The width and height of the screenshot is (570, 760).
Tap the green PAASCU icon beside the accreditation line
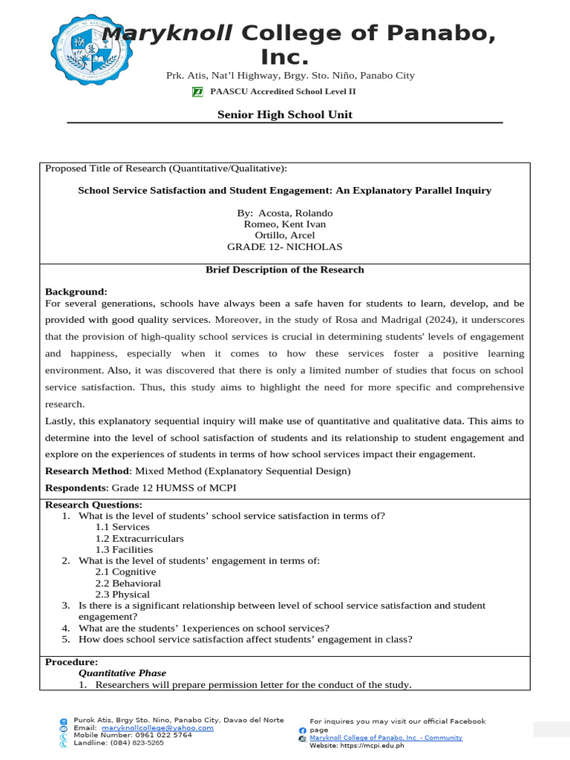pyautogui.click(x=197, y=91)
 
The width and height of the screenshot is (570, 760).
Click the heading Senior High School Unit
pyautogui.click(x=284, y=114)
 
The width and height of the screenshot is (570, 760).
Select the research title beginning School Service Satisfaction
pyautogui.click(x=284, y=191)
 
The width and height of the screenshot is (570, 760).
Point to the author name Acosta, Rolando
pyautogui.click(x=295, y=214)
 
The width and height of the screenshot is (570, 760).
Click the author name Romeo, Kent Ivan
pyautogui.click(x=284, y=225)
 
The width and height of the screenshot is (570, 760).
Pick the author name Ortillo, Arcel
pyautogui.click(x=284, y=236)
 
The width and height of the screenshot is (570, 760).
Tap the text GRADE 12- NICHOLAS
pyautogui.click(x=284, y=247)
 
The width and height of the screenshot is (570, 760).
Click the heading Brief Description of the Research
pyautogui.click(x=284, y=270)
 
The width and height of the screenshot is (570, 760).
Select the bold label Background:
pyautogui.click(x=76, y=292)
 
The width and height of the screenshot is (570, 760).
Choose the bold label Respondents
pyautogui.click(x=76, y=488)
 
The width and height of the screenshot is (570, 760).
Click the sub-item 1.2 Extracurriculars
pyautogui.click(x=140, y=539)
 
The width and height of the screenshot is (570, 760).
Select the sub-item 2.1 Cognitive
pyautogui.click(x=125, y=572)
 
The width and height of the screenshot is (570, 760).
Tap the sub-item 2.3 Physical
pyautogui.click(x=122, y=594)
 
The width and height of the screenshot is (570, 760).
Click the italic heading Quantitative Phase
pyautogui.click(x=122, y=673)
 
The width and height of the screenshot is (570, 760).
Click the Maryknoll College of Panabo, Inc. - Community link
pyautogui.click(x=385, y=738)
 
